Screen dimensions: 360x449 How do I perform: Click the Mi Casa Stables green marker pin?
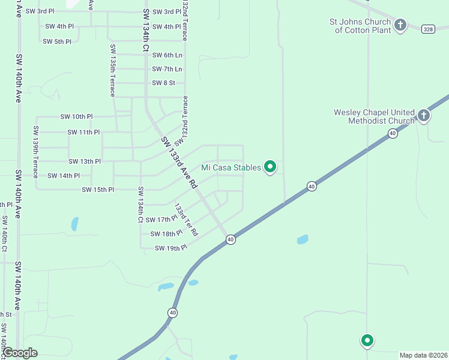coord(270,167)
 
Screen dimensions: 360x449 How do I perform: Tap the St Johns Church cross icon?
coord(400,25)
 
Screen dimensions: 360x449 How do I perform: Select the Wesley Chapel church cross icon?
coord(424,115)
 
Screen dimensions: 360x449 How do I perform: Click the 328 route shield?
coord(427,29)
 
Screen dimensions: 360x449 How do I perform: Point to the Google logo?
coord(20,353)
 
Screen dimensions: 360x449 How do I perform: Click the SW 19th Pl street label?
coord(171,248)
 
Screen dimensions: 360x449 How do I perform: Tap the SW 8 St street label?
coord(163,83)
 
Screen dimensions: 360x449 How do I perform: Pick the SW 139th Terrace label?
coord(36,147)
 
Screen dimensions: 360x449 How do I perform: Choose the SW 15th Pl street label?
coord(98,190)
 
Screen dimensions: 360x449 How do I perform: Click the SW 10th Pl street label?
coord(76,116)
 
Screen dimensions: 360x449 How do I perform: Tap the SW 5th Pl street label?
coord(57,41)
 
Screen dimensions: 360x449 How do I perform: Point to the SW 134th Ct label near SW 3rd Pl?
coord(146,31)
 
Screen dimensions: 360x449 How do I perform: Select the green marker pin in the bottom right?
coord(367,340)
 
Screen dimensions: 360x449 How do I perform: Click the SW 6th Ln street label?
coord(167,55)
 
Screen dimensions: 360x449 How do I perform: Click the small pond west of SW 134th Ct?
coord(75,224)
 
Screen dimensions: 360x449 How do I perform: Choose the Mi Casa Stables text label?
coord(231,167)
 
